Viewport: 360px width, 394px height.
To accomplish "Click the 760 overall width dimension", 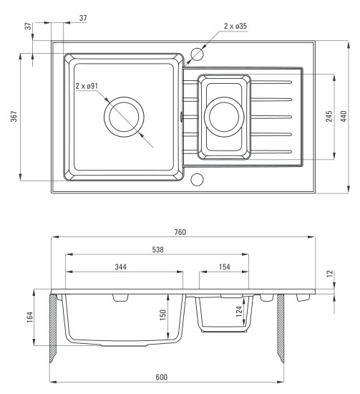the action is [180, 232].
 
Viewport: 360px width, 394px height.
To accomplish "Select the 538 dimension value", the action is [158, 249].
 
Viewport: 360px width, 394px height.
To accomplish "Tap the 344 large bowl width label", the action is [121, 266].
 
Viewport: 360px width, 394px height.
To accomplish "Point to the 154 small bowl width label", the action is [225, 266].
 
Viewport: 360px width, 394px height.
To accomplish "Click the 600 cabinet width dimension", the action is [162, 377].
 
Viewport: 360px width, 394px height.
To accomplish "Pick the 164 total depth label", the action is [29, 317].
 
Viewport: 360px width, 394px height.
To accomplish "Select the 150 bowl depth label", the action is [163, 315].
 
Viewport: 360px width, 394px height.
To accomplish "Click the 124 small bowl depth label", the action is [239, 312].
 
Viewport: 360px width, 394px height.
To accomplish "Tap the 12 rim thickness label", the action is [330, 274].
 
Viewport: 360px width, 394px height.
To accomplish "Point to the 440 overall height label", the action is [344, 116].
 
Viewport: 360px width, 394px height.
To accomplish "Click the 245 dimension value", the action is [329, 116].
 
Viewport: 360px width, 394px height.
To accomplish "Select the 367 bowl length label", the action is [14, 116].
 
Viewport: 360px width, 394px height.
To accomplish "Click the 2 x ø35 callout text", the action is [235, 26].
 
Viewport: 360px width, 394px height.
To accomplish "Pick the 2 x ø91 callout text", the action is [87, 86].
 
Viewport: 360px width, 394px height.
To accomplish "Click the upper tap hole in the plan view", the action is [197, 54].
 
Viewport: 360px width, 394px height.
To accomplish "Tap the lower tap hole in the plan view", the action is [197, 179].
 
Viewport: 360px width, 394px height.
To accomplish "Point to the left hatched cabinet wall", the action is [53, 328].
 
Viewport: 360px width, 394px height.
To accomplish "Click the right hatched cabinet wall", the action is [281, 328].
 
